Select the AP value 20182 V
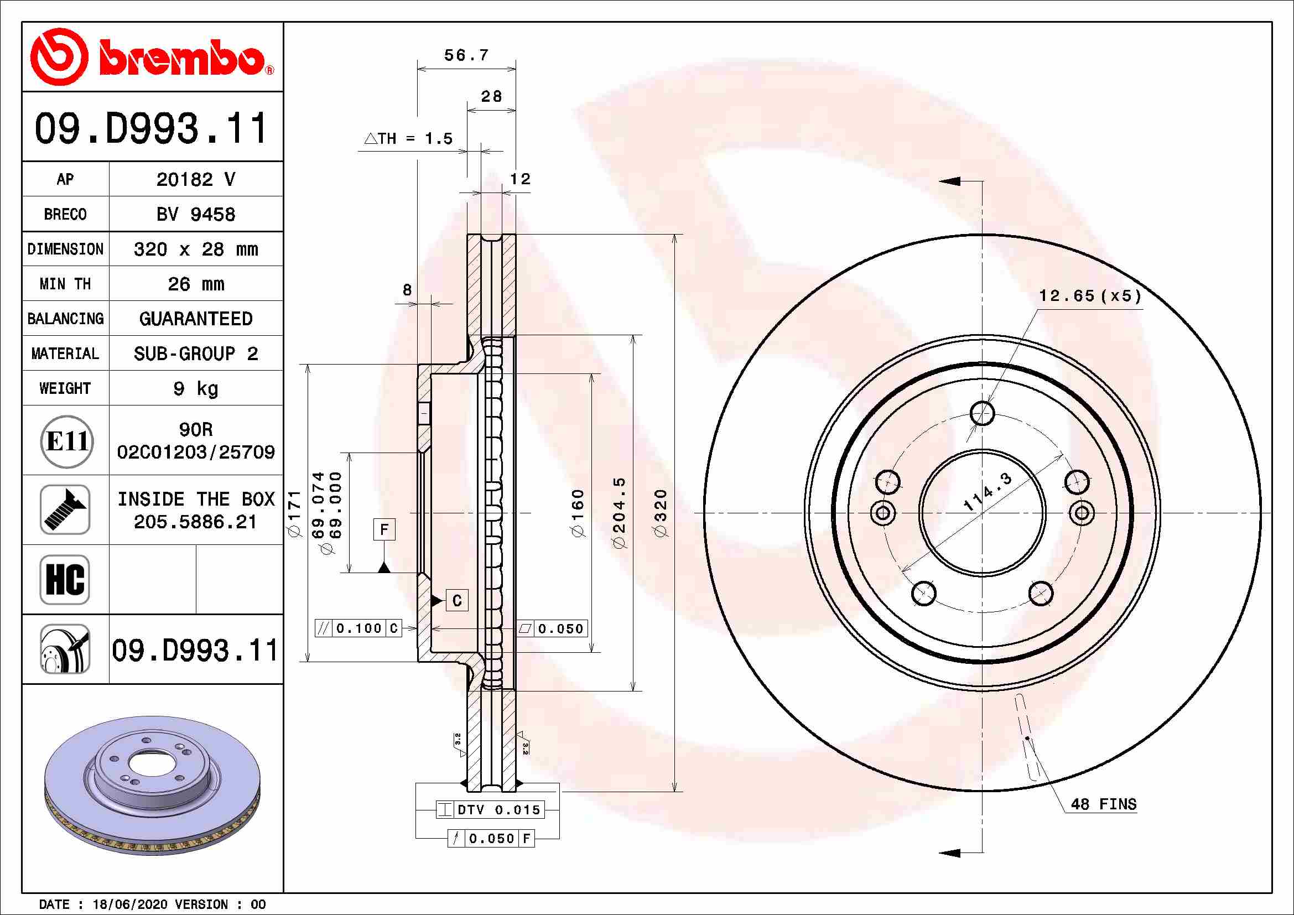(195, 180)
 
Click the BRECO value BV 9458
(195, 215)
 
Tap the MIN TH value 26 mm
(195, 284)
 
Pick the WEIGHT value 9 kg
(195, 388)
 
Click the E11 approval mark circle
(66, 441)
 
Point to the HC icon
(65, 579)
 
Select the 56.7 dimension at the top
(466, 56)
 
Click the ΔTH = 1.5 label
(409, 139)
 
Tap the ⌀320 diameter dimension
(660, 513)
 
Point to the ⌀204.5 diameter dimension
(619, 513)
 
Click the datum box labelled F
(384, 529)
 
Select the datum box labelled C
(456, 601)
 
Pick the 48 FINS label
(1103, 804)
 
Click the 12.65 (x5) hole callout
(1089, 297)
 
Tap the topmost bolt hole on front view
(983, 413)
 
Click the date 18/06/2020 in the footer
(129, 904)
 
